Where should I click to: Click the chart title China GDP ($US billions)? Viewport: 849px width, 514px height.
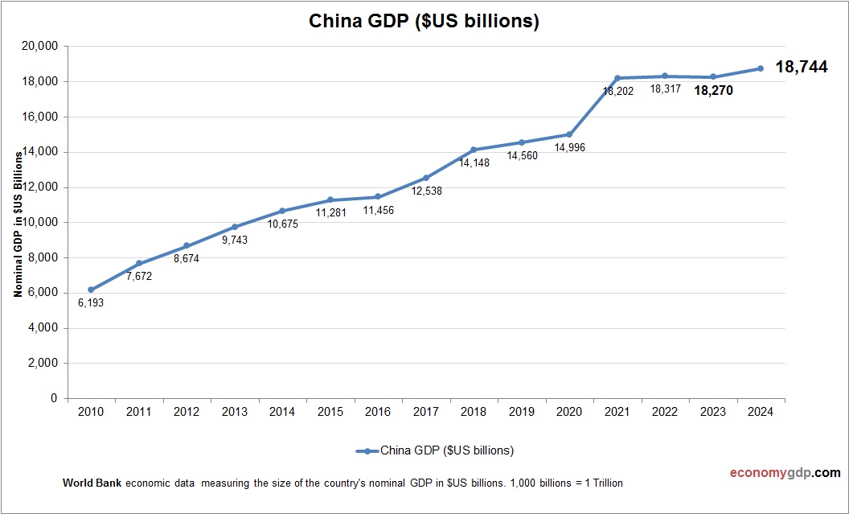click(x=424, y=21)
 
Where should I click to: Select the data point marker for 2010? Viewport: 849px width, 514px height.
click(x=91, y=290)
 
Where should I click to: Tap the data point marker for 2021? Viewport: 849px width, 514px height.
click(x=617, y=78)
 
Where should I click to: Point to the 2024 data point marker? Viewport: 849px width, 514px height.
click(x=760, y=68)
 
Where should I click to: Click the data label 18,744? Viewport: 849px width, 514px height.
click(x=801, y=68)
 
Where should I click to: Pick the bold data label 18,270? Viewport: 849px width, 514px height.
click(x=713, y=91)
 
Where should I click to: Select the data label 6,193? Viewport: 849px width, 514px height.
click(x=91, y=303)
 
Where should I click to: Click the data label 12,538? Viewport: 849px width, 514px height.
click(x=425, y=191)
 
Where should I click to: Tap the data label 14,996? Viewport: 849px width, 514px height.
click(x=569, y=147)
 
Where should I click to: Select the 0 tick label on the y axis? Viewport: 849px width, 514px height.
click(x=54, y=398)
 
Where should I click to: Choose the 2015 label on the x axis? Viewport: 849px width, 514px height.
click(x=330, y=412)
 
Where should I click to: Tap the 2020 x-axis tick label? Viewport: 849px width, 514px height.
click(x=569, y=412)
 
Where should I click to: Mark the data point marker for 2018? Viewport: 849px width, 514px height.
click(x=474, y=150)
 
